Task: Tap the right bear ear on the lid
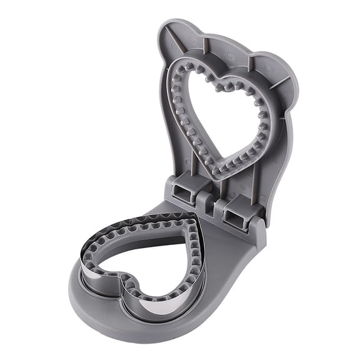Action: tap(283, 81)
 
